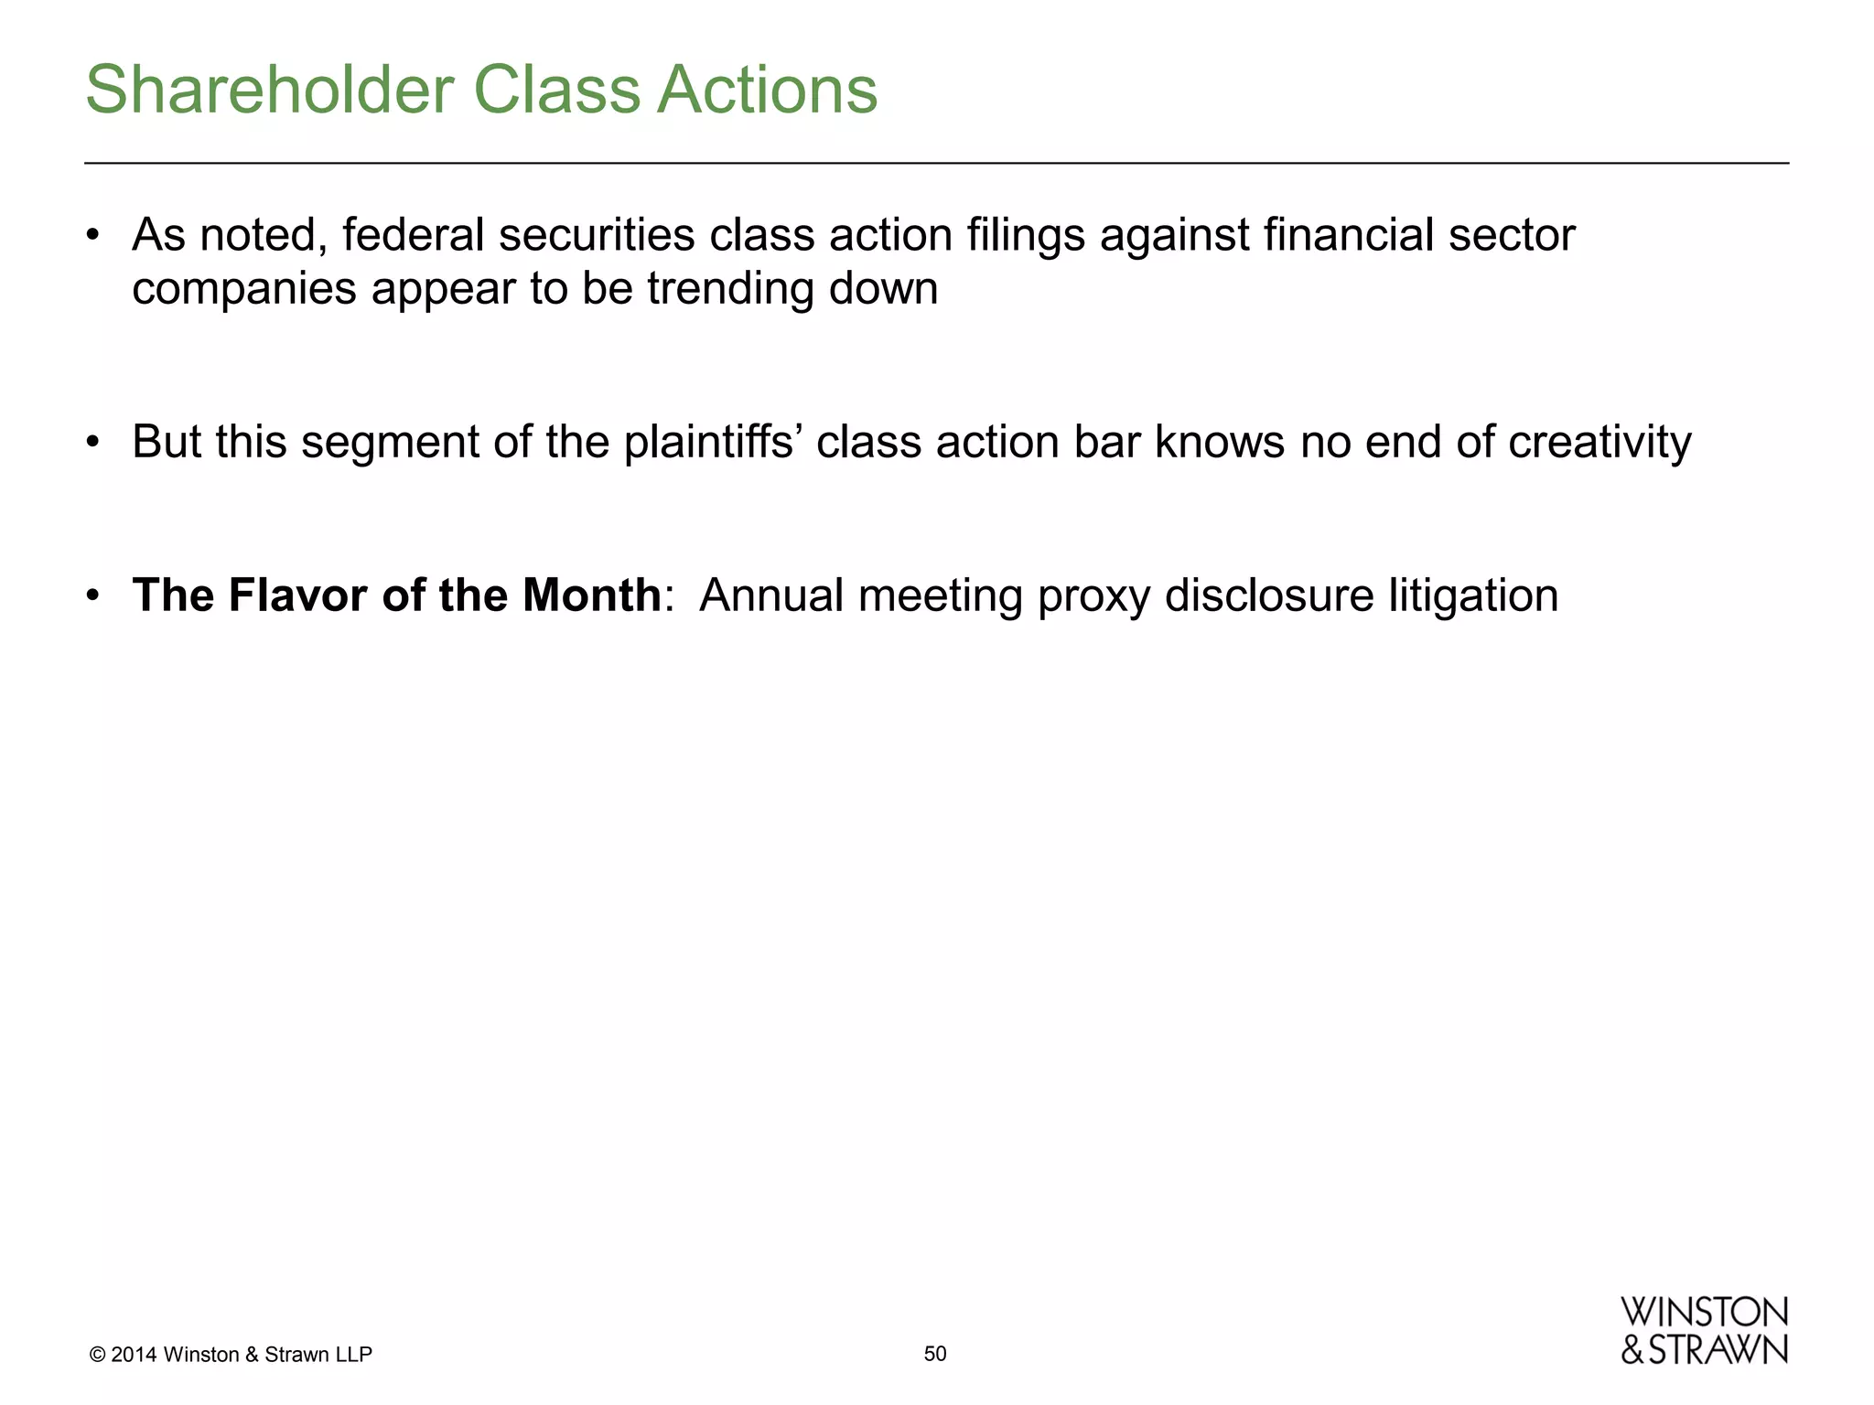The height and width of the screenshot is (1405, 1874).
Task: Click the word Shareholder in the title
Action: click(269, 90)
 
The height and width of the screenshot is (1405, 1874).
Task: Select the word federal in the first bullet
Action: click(413, 235)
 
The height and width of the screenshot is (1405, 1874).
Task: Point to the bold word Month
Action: click(591, 595)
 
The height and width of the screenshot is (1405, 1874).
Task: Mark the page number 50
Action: click(935, 1354)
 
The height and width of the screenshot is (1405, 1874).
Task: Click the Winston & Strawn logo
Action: click(1704, 1331)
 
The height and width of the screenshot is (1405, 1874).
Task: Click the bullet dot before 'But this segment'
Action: click(92, 443)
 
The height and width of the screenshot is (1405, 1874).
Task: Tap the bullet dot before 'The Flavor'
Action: click(92, 596)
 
